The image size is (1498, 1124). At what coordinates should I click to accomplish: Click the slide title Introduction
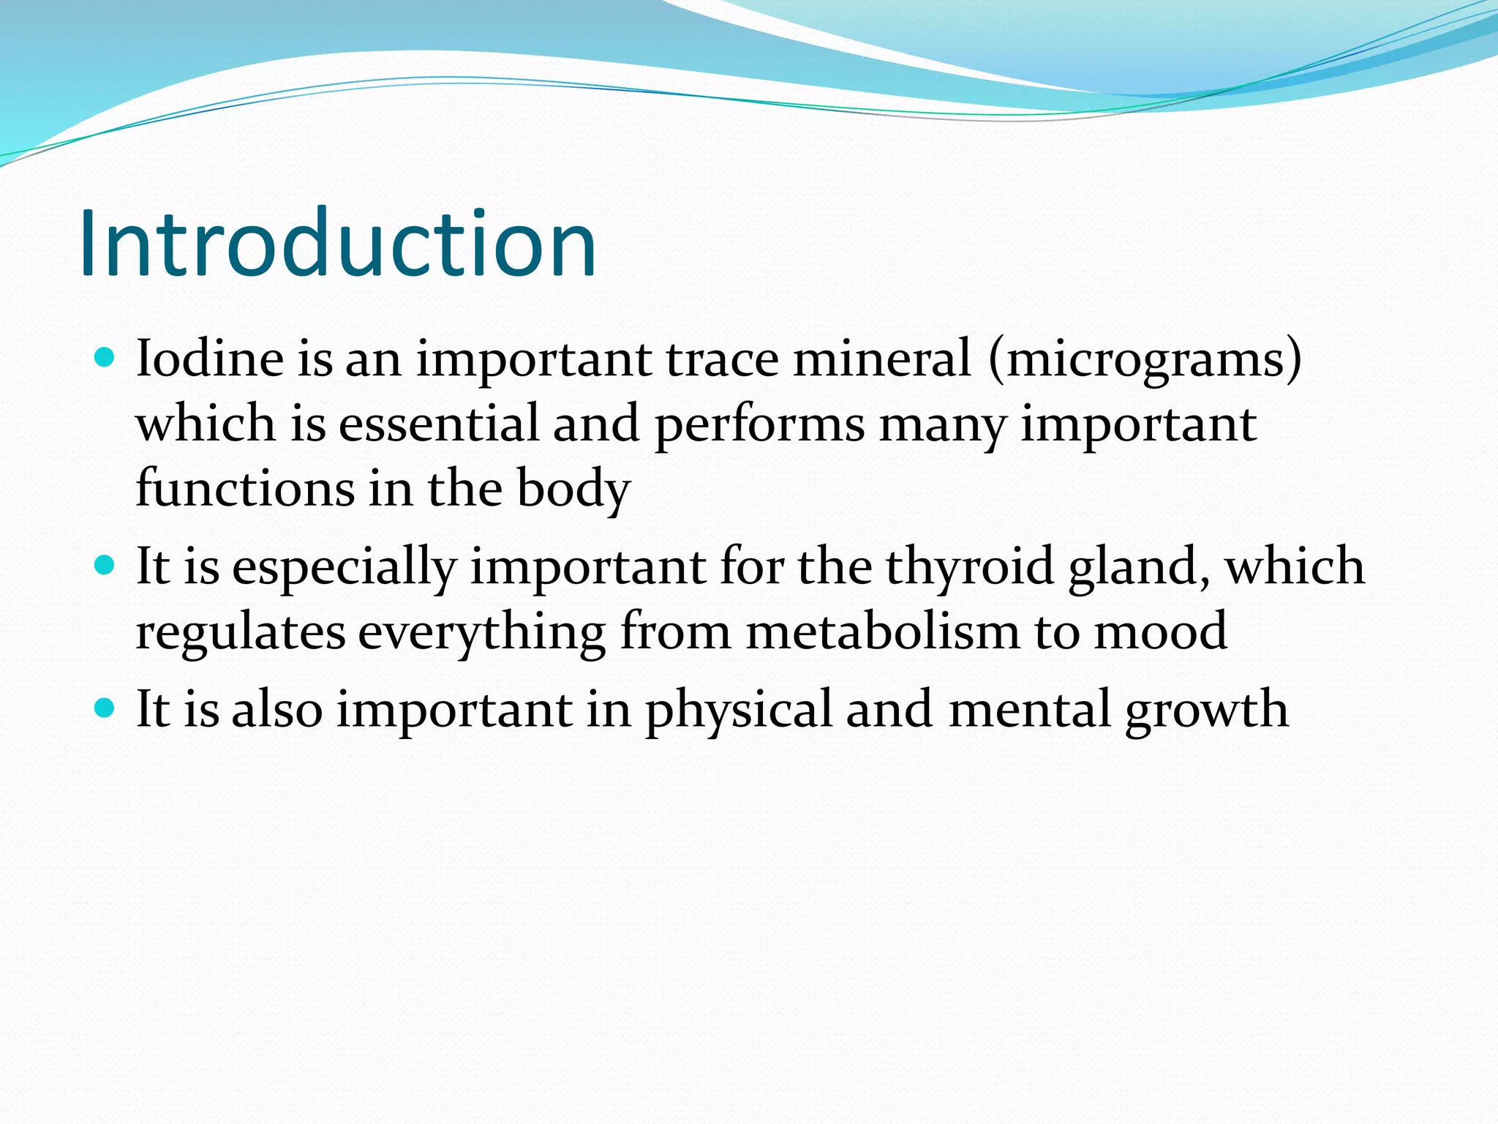point(337,244)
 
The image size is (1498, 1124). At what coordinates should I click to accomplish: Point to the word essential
point(438,424)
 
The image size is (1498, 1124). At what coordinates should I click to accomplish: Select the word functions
point(245,489)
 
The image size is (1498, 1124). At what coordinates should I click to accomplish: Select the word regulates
point(240,632)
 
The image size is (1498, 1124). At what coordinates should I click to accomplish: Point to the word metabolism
point(882,631)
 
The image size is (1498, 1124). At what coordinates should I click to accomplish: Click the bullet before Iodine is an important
point(105,358)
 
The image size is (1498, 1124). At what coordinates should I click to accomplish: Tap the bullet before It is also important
point(105,708)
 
